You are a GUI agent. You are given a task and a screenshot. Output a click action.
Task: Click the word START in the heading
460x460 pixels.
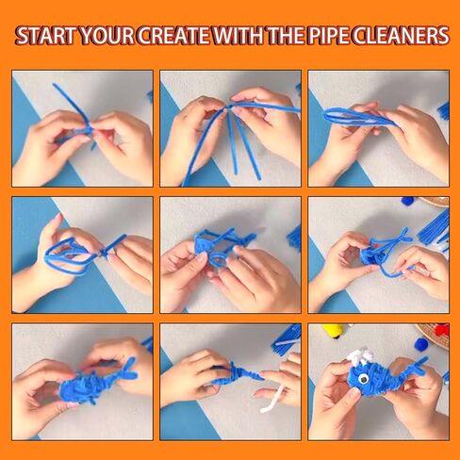coord(46,37)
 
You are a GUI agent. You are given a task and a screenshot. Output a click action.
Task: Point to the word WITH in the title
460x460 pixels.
coord(240,37)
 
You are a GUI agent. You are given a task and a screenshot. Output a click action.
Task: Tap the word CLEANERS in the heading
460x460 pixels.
coord(404,37)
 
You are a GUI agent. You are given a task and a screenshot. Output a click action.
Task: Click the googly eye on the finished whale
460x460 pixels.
coord(360,379)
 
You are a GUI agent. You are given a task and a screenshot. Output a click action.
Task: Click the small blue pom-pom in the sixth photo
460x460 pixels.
coord(407,201)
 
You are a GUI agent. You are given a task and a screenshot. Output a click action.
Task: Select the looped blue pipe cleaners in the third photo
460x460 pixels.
coord(358,116)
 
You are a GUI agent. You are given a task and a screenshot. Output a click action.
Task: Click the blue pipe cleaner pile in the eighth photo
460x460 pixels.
coord(286,337)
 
